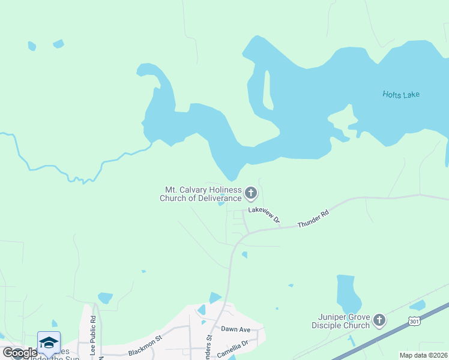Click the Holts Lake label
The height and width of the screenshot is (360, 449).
[x=401, y=94]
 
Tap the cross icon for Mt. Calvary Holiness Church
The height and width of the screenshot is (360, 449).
[x=251, y=193]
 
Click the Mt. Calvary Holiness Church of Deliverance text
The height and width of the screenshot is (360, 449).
[x=200, y=194]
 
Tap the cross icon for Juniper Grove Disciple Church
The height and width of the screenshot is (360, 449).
[x=379, y=320]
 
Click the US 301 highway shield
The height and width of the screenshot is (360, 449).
[x=415, y=322]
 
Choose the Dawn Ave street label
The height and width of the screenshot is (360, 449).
[x=235, y=329]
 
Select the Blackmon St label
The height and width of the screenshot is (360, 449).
[x=145, y=346]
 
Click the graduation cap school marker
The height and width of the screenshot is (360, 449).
[x=49, y=342]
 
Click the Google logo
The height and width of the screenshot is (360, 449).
[x=20, y=353]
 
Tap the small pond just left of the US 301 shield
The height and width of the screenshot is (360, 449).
[x=417, y=305]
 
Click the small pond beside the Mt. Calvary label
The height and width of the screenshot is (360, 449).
[x=221, y=203]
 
